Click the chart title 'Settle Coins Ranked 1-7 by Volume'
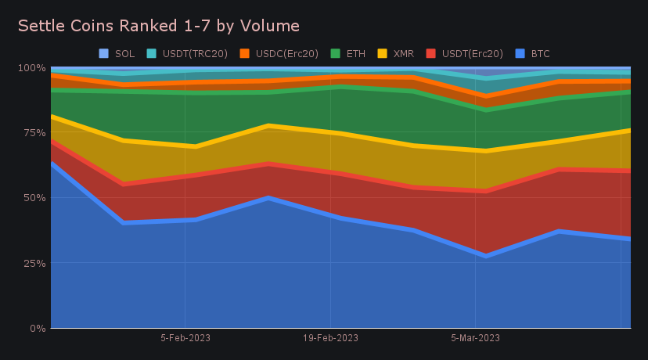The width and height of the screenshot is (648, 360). [x=158, y=26]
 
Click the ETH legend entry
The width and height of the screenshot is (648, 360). [x=355, y=54]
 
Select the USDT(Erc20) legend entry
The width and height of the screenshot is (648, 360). [x=472, y=54]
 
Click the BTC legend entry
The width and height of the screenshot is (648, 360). [x=540, y=54]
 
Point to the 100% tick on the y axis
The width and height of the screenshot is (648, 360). [x=31, y=67]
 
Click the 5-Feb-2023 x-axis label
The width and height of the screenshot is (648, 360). [x=185, y=338]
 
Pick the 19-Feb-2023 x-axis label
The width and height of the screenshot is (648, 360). [x=330, y=338]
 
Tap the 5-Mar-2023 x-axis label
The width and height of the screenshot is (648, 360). [x=476, y=338]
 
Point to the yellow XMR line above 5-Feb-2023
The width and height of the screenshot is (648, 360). [x=185, y=146]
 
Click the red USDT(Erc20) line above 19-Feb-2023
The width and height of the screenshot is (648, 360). [x=330, y=173]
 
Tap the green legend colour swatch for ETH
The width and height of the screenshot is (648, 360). [x=335, y=54]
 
